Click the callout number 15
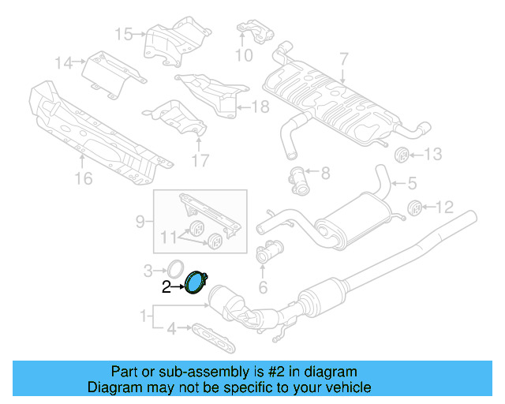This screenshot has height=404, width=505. point(123,33)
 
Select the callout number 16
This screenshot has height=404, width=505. point(83,179)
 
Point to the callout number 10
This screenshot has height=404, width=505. point(244,55)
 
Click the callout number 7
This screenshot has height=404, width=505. point(343,58)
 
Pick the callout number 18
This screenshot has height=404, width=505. point(260,106)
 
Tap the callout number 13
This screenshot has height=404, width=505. point(435,154)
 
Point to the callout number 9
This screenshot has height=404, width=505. point(140,222)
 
